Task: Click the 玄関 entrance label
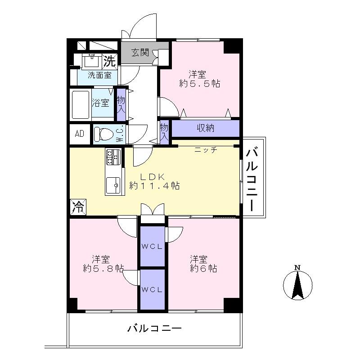click(x=140, y=53)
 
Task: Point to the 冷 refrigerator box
click(x=78, y=207)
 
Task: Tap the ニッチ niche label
click(x=206, y=150)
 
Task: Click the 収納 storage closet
click(x=205, y=128)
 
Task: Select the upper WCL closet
click(x=152, y=246)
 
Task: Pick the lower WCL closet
click(x=152, y=289)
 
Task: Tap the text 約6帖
click(x=203, y=269)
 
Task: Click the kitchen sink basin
click(x=114, y=184)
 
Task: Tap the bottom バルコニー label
click(x=154, y=328)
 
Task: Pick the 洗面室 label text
click(x=99, y=76)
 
